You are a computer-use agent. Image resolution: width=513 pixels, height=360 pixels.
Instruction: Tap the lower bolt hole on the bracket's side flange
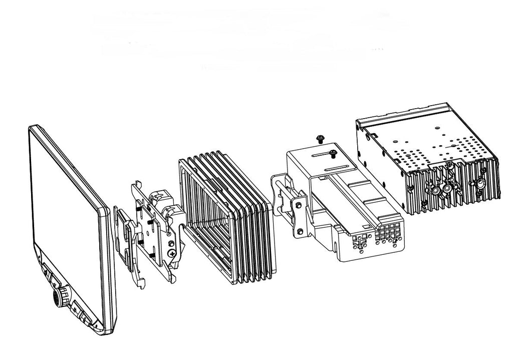click(300, 231)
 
